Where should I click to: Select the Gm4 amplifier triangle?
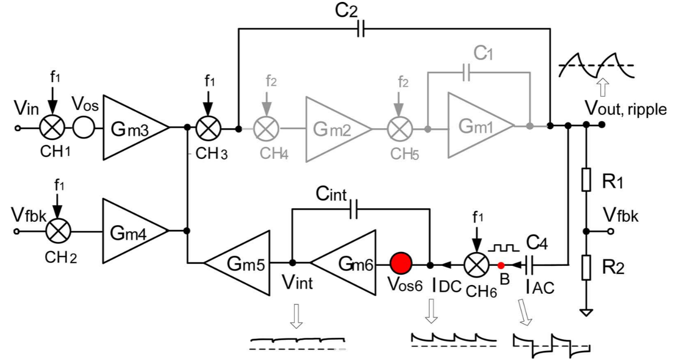(130, 231)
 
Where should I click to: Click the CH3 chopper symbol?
(207, 128)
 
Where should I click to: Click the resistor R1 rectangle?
(586, 180)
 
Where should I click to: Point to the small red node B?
(500, 265)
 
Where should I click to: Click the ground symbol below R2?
(586, 312)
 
